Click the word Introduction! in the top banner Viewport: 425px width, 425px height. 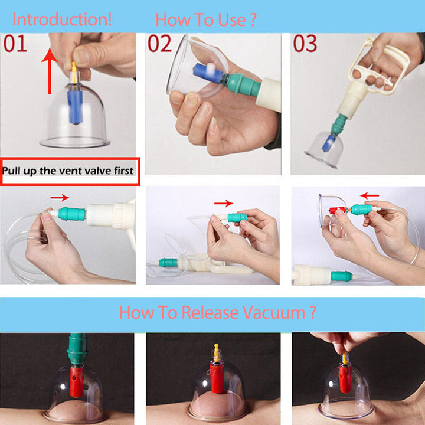click(62, 20)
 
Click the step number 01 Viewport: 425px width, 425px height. click(15, 43)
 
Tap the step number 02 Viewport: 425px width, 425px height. click(159, 43)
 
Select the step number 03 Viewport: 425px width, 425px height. click(305, 43)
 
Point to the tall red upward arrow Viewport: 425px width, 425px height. click(50, 71)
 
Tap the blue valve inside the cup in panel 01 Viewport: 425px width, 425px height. click(75, 107)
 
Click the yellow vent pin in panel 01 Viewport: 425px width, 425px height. click(74, 69)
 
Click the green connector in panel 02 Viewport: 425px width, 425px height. click(242, 84)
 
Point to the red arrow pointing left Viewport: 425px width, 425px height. click(370, 195)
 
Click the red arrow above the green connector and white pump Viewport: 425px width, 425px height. click(60, 198)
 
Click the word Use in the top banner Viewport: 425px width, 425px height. click(232, 20)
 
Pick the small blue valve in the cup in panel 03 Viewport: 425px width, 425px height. click(329, 142)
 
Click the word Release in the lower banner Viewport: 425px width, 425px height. click(210, 312)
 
